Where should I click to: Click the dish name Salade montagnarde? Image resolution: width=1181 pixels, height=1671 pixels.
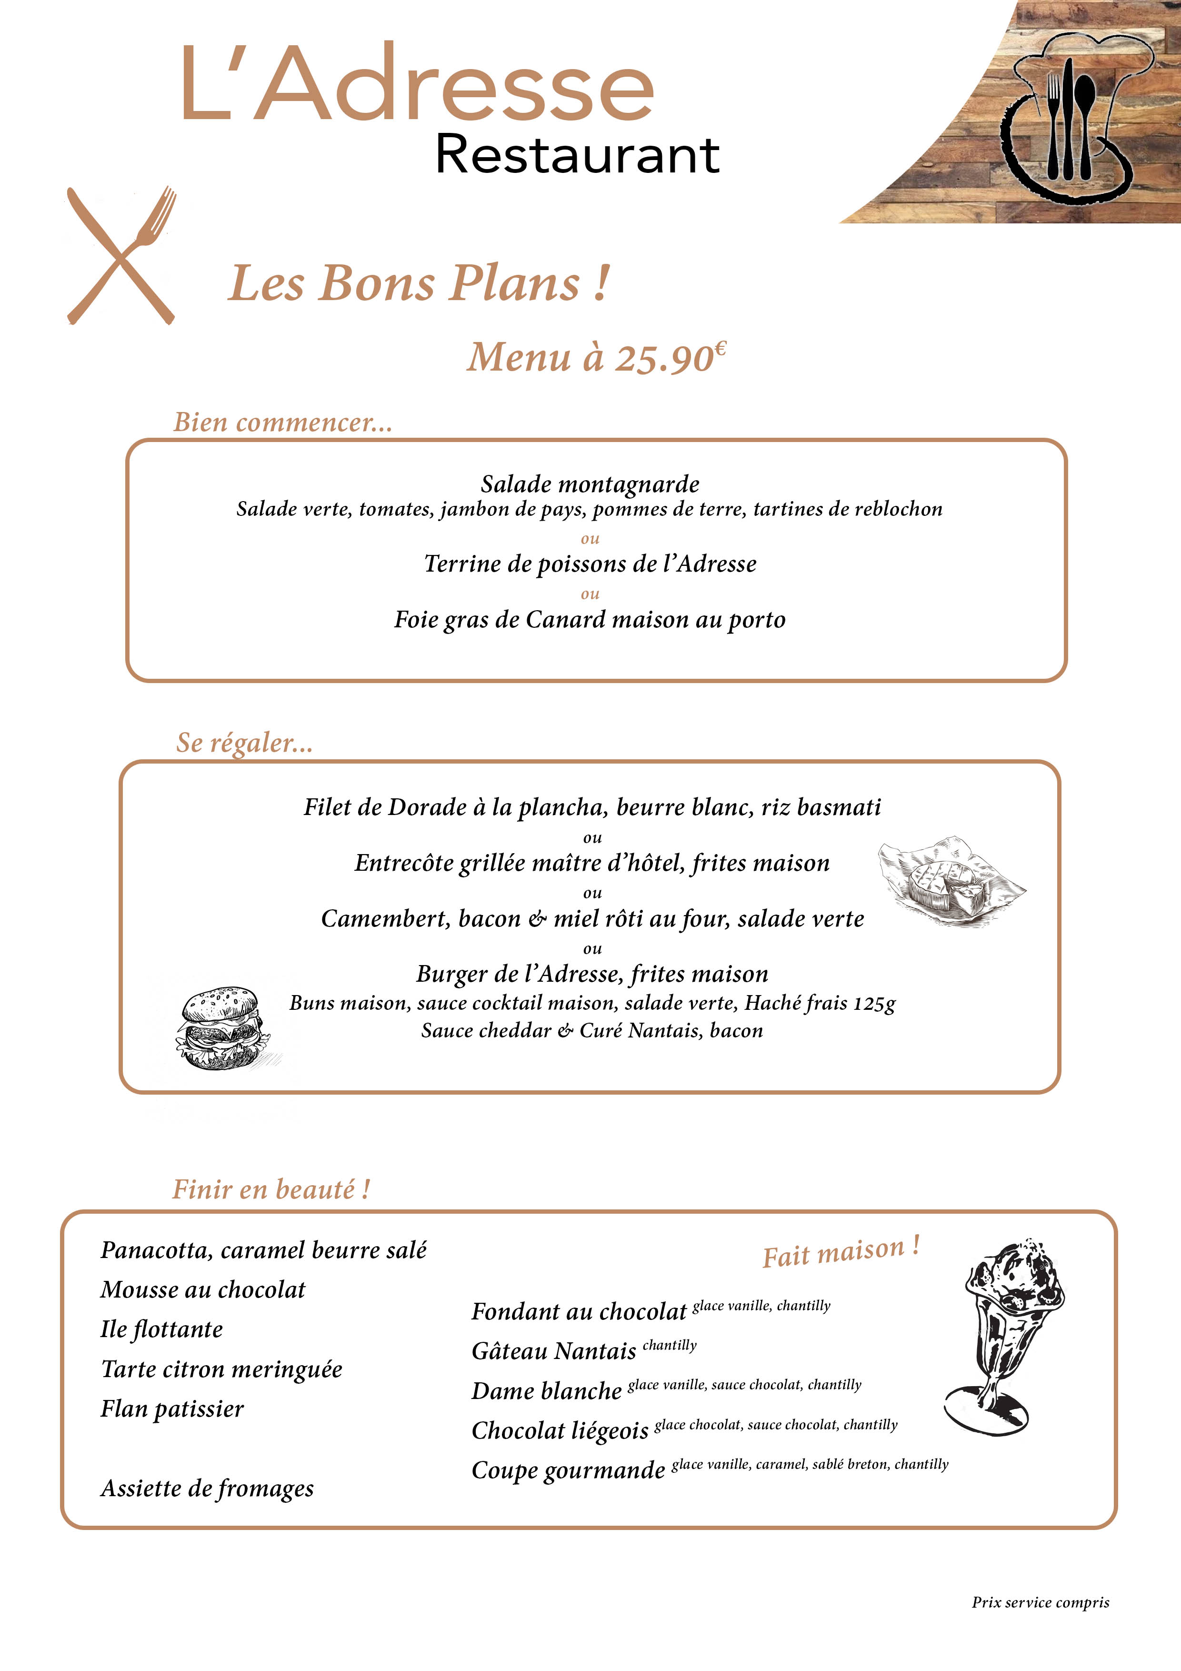(590, 484)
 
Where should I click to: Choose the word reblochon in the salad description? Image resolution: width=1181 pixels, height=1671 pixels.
(897, 510)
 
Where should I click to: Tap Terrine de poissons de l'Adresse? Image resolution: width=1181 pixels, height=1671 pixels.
(590, 564)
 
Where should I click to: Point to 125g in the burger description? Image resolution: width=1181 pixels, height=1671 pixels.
(874, 1004)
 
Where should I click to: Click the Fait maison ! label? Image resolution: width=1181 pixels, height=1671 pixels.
(841, 1252)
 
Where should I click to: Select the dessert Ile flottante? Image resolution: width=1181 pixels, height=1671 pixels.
(161, 1329)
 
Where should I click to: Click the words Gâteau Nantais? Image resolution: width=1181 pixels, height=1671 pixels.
(554, 1351)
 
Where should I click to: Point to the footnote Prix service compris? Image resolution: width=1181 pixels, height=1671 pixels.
(1040, 1602)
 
